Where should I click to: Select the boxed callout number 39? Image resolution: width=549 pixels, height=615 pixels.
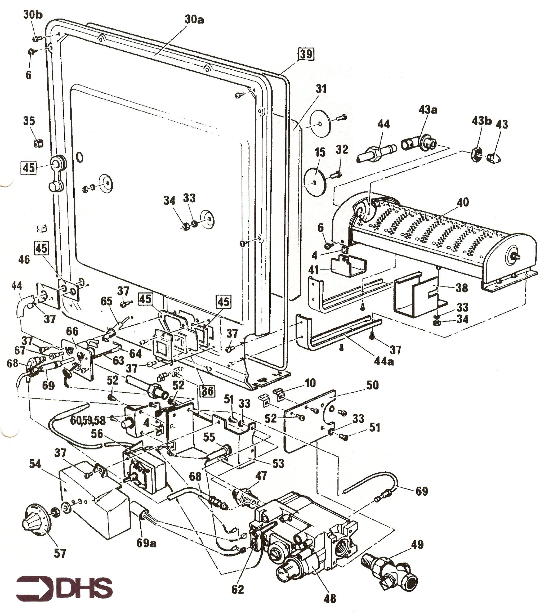point(306,54)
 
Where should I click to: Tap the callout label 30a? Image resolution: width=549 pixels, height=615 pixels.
point(194,20)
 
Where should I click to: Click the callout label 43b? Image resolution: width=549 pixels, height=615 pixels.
point(481,121)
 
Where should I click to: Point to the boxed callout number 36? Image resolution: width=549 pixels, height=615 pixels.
point(207,391)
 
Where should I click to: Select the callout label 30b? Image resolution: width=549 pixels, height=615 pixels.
point(33,15)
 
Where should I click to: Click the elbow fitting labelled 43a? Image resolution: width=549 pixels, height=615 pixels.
point(419,143)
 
